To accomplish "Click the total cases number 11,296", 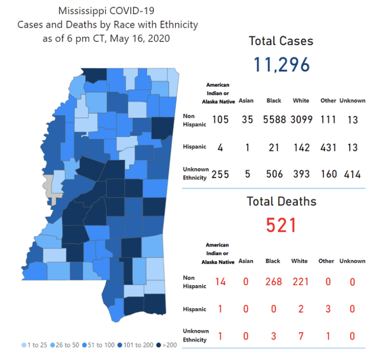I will click(281, 64).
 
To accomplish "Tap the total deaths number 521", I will click(281, 224).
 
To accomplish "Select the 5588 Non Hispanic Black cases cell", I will click(274, 120).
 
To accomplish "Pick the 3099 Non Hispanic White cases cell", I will click(301, 120).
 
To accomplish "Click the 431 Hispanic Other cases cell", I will click(328, 147).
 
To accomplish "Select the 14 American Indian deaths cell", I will click(220, 282).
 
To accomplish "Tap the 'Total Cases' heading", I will click(281, 41).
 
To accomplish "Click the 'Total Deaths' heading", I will click(281, 202).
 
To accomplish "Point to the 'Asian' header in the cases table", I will click(246, 101).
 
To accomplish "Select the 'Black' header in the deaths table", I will click(273, 261).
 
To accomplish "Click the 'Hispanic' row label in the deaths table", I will click(195, 309).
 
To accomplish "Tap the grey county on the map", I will click(50, 185).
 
